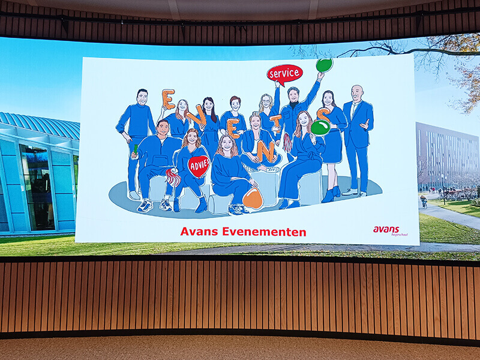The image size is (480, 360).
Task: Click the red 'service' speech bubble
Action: [284, 74]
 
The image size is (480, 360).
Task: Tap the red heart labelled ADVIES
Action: [199, 166]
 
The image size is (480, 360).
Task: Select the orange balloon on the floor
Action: [253, 199]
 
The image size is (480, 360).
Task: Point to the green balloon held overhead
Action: [324, 65]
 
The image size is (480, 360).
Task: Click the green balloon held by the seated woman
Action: [320, 128]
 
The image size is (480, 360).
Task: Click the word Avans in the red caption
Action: [199, 232]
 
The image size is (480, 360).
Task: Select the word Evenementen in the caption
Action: [264, 232]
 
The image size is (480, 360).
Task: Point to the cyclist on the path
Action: [424, 202]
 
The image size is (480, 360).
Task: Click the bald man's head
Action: [357, 93]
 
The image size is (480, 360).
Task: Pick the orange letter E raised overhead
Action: [169, 99]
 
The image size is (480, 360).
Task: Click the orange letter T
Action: [276, 124]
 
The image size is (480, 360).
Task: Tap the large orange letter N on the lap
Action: [266, 151]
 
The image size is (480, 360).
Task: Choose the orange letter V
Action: [197, 116]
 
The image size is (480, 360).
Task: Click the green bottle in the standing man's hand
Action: [136, 149]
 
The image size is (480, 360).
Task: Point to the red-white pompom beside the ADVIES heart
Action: [173, 177]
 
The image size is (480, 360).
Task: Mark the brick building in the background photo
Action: [447, 156]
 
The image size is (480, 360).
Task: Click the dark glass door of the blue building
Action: [37, 187]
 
